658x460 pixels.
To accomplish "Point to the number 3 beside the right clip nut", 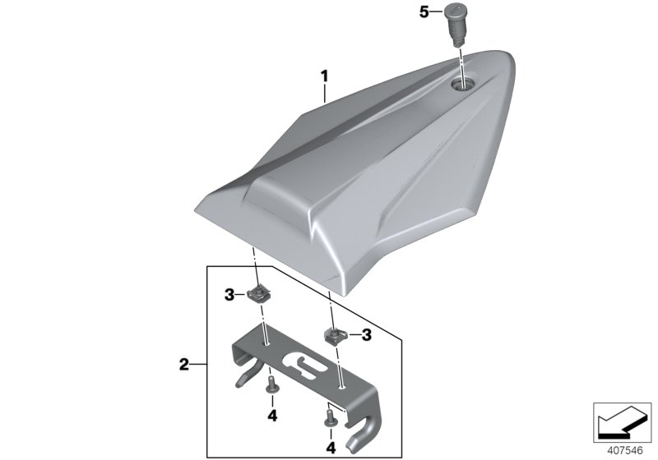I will tap(367, 334).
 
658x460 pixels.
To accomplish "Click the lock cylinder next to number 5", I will tap(456, 23).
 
